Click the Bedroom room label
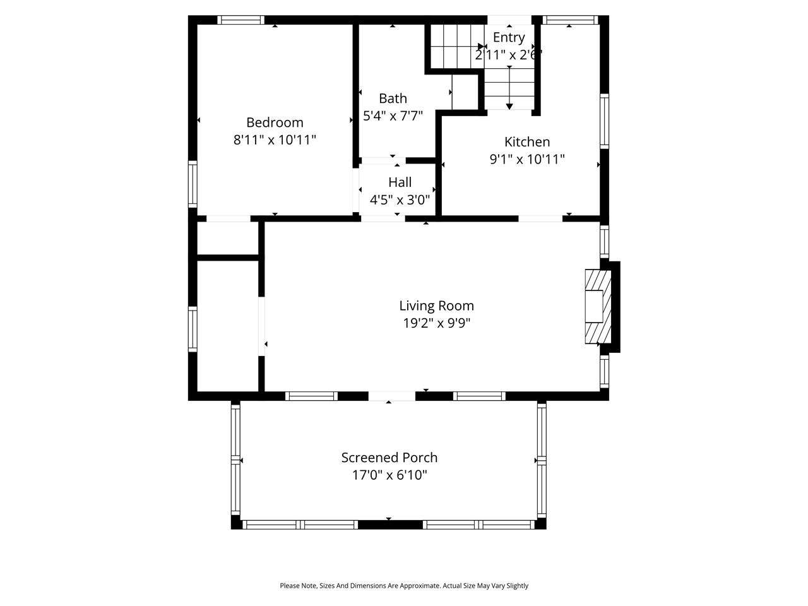point(275,122)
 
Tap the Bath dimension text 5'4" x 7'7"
point(393,116)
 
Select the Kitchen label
point(526,142)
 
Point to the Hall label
point(400,182)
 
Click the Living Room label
point(436,306)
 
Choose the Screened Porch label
point(389,458)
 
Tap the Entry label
point(508,37)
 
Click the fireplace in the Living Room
point(597,307)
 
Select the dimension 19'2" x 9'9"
point(436,324)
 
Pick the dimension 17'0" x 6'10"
point(389,475)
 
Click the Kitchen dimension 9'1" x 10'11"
point(526,160)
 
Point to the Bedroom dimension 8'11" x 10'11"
point(275,140)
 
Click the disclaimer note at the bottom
point(404,586)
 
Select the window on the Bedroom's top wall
point(241,20)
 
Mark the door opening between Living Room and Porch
point(391,396)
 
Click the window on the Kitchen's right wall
point(604,121)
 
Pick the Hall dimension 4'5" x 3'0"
point(400,200)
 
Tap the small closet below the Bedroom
point(227,238)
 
